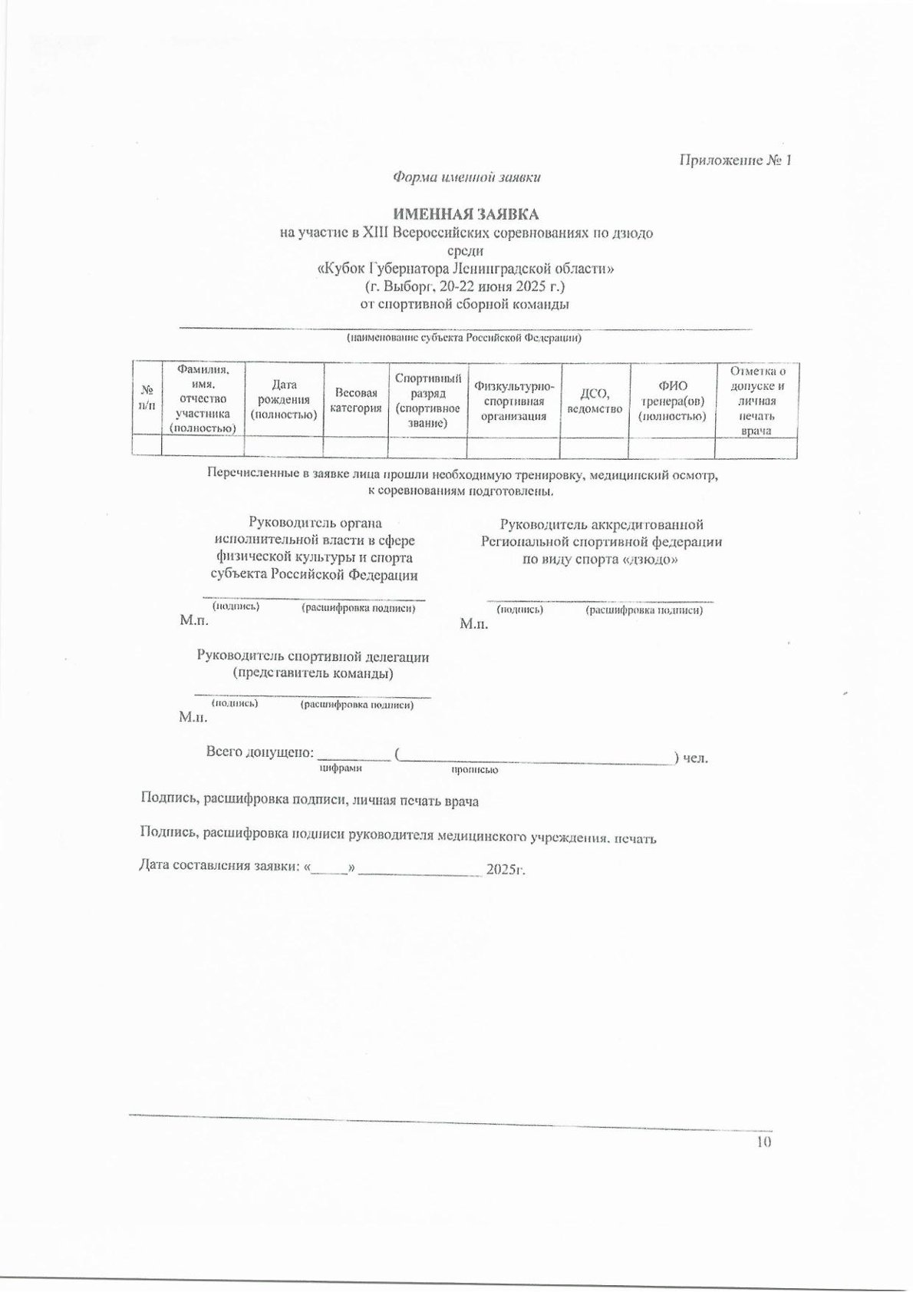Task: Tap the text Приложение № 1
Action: (735, 160)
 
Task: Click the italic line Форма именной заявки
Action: (466, 177)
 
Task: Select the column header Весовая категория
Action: (355, 400)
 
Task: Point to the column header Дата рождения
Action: (284, 400)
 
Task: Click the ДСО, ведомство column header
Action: (594, 400)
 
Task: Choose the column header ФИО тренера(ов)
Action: (671, 400)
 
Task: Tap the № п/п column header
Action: (147, 398)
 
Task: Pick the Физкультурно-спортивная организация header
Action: (513, 400)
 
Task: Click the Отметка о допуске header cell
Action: (756, 400)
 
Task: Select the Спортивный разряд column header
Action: (427, 400)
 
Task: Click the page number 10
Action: (763, 1142)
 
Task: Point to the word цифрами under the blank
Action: (340, 768)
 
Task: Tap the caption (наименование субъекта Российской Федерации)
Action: (463, 339)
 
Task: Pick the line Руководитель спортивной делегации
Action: (313, 657)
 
